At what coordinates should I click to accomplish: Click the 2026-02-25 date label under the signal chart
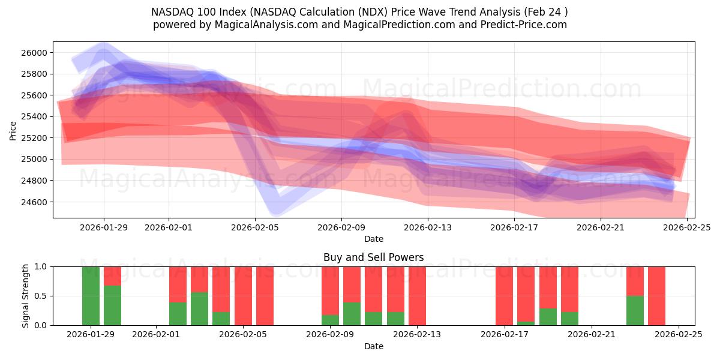tap(678, 334)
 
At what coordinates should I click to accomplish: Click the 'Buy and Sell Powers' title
tap(373, 257)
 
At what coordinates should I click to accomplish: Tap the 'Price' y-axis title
tap(13, 130)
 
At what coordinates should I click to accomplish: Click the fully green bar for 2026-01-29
tap(91, 296)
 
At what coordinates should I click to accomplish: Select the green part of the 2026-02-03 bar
tap(199, 308)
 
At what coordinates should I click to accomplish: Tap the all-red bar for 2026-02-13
tap(417, 296)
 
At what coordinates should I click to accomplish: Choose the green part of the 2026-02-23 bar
tap(635, 310)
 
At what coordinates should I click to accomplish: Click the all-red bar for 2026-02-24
tap(656, 296)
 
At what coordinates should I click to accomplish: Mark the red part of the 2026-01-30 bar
tap(112, 276)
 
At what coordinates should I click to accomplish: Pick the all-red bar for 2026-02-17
tap(504, 296)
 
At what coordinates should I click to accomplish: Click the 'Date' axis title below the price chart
tap(373, 239)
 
